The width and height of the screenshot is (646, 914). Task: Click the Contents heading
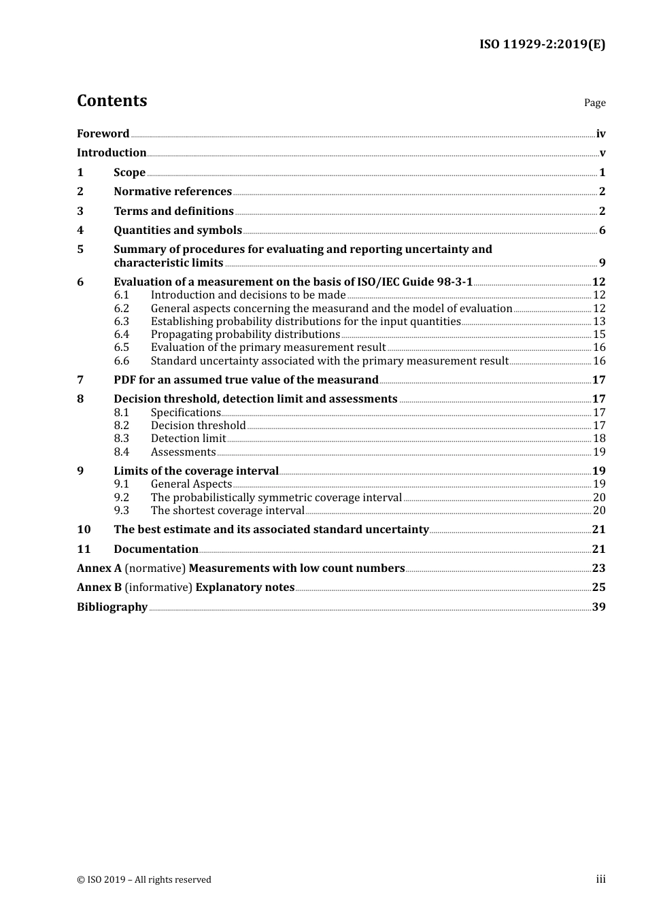112,101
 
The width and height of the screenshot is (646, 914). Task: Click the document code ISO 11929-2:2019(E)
542,44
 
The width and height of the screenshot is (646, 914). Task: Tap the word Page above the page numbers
594,103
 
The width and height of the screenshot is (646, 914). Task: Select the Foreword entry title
103,133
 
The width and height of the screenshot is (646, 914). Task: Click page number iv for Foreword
600,133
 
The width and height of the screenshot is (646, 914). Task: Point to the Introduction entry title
112,152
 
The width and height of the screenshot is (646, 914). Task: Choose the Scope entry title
129,172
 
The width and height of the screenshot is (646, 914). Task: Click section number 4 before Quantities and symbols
80,230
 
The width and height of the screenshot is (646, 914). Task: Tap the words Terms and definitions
173,211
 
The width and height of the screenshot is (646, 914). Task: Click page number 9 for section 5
602,263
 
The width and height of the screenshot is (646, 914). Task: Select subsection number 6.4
121,334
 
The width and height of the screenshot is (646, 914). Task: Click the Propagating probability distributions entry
245,334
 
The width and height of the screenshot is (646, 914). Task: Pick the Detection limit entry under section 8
188,439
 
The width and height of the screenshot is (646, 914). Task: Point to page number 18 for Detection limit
599,439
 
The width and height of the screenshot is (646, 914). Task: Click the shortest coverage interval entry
227,511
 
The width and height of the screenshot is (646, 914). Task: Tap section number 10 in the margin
84,529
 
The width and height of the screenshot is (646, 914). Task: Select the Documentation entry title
156,549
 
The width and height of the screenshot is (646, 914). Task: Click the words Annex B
99,587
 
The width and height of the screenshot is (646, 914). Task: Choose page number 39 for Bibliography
598,607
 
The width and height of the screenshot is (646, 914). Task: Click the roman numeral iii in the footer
600,879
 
